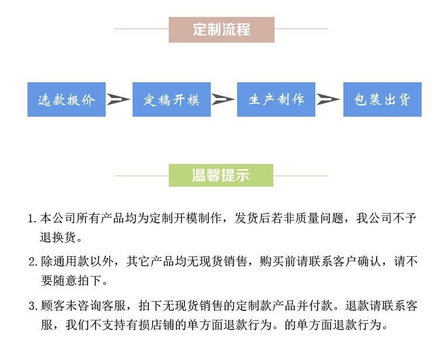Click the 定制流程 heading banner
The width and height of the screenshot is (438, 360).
point(221,29)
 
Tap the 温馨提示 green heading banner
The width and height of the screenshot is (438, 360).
point(221,175)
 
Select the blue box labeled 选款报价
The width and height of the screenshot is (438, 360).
point(67,100)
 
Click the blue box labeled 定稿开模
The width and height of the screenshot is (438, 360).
point(171,100)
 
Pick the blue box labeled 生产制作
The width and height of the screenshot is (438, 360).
point(276,100)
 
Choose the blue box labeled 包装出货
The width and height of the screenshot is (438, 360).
point(382,100)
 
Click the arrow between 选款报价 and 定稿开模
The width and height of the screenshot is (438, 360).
point(119,100)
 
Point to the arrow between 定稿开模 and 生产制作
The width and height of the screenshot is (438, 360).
point(223,100)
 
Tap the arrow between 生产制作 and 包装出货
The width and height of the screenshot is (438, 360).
point(328,100)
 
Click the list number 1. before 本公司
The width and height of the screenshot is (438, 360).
point(33,220)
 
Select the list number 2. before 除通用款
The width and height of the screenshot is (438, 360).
point(33,261)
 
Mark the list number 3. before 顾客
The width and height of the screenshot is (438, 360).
point(33,306)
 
